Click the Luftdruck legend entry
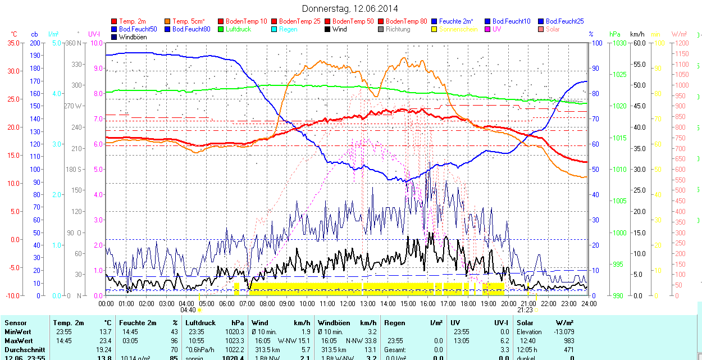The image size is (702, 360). (238, 29)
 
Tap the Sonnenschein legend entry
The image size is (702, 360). (458, 29)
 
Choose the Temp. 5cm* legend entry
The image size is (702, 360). (188, 21)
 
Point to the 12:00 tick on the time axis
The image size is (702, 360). (347, 303)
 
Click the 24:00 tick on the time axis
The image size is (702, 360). (588, 303)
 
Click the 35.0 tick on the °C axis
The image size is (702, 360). (11, 43)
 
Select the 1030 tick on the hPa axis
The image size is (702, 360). (619, 43)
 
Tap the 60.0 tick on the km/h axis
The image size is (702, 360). (638, 43)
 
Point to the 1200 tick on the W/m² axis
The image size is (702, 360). (681, 43)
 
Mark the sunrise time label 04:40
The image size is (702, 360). (188, 310)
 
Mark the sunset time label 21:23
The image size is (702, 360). (525, 310)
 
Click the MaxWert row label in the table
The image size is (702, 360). (19, 341)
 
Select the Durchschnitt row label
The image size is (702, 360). (24, 349)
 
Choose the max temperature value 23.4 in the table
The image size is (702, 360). (106, 341)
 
